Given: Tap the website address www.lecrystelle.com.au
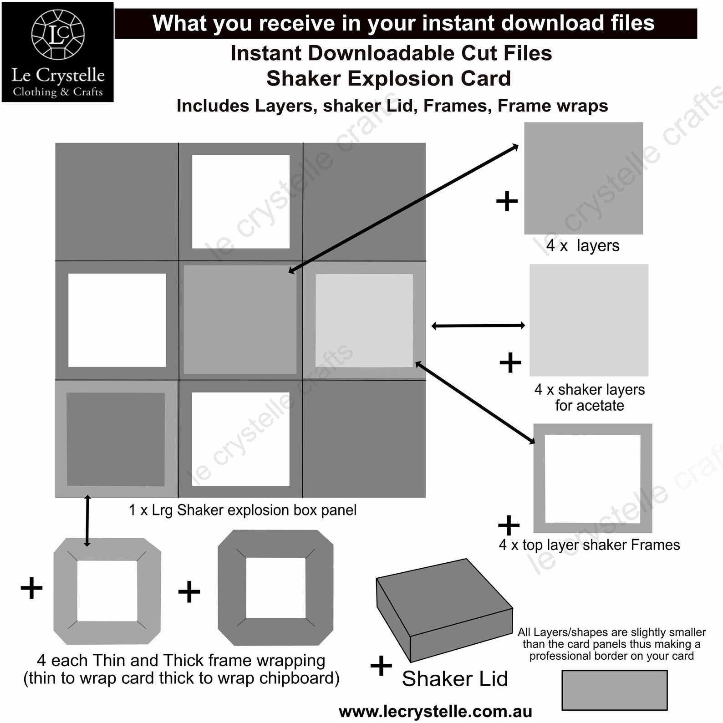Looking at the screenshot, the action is tap(435, 711).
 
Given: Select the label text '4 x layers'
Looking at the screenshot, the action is tap(583, 246).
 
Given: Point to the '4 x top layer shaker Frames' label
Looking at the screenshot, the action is tap(589, 545).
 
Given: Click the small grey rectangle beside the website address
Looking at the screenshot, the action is tap(614, 690).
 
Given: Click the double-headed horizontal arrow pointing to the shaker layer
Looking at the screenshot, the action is tap(478, 326).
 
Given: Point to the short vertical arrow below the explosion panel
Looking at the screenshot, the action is tap(87, 521).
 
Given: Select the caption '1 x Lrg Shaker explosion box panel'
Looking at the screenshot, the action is tap(243, 510).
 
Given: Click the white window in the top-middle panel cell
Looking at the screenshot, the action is tap(241, 202).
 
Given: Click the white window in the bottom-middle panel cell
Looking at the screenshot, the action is tap(241, 439).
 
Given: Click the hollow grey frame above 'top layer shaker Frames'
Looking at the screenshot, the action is tap(539, 478).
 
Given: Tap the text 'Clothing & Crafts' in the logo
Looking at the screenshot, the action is tap(58, 92).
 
